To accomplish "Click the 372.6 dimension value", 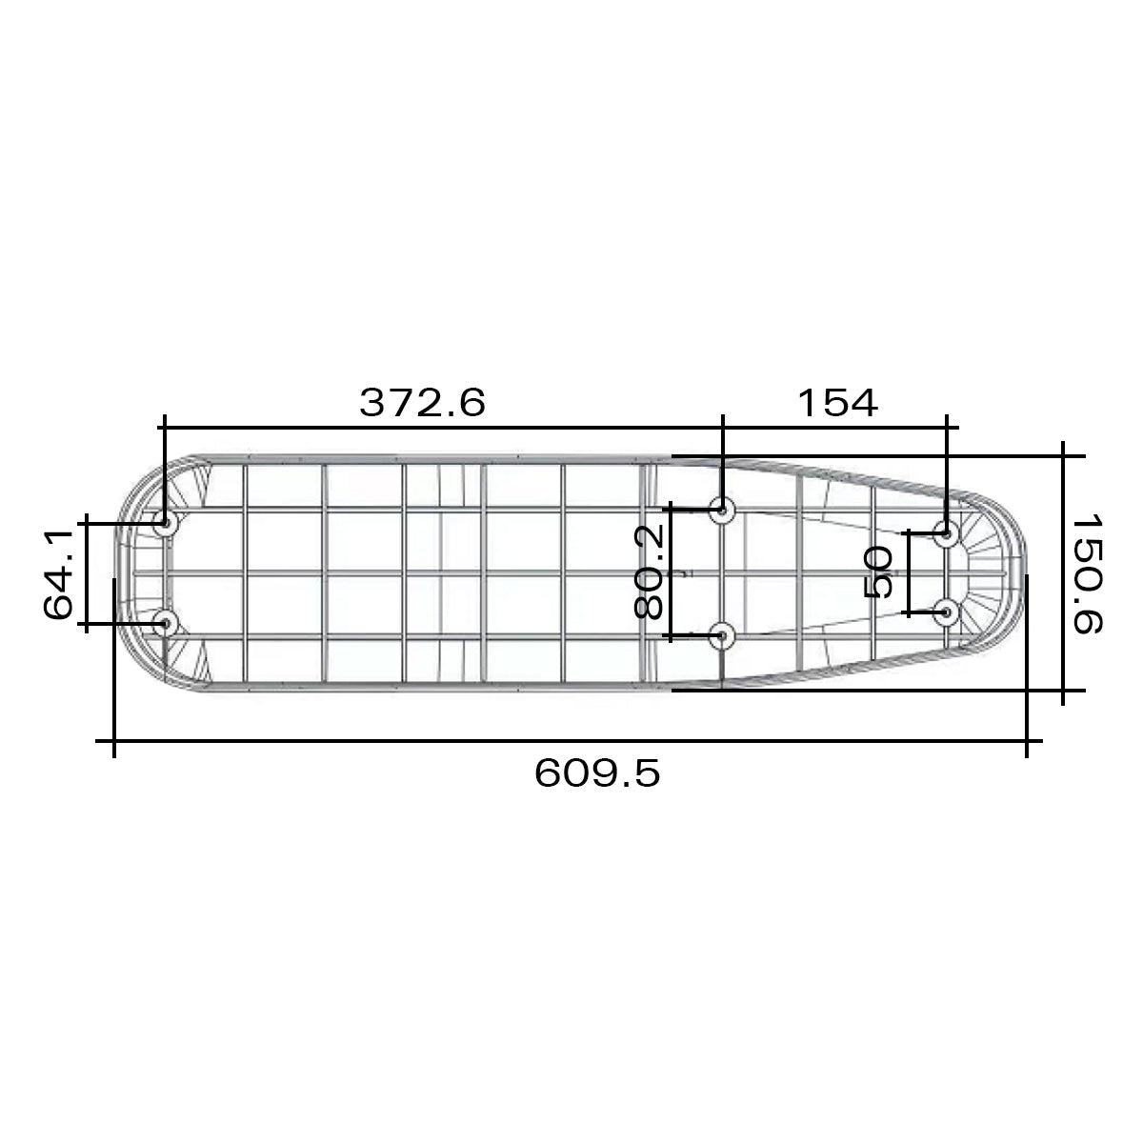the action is (422, 402).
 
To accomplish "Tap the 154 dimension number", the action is (837, 402).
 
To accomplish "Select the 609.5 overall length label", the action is (596, 772).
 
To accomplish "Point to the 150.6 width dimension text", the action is (1087, 573).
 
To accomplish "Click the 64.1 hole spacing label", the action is (58, 573).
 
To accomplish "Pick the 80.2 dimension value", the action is (648, 572).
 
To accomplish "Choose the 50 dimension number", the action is (878, 573).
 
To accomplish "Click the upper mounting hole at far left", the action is (165, 524).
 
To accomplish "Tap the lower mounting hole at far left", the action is (165, 623).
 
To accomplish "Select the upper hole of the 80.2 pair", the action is (722, 510).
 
